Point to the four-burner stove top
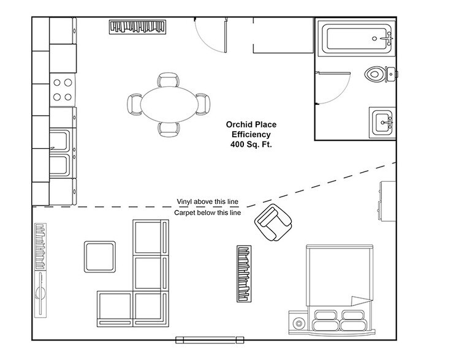pos(61,89)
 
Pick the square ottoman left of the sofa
pos(99,257)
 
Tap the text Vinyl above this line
pos(208,201)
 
